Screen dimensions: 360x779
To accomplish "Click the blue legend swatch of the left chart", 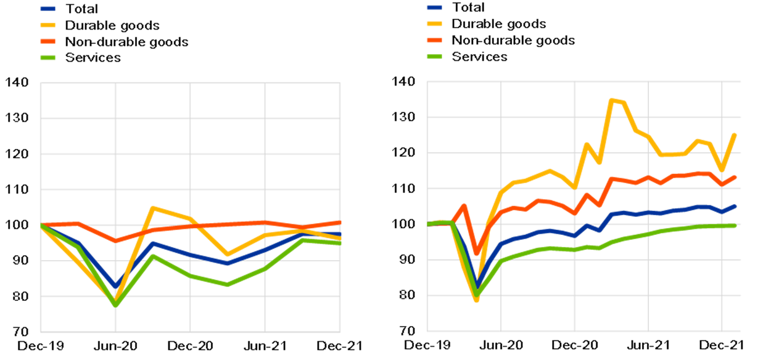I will pos(48,9).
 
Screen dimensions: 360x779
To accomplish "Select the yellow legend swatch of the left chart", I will pos(48,25).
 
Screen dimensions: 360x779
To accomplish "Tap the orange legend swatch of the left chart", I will pos(48,41).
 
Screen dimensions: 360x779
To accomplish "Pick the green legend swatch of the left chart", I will pos(48,58).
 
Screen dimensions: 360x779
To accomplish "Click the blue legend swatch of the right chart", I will pos(434,8).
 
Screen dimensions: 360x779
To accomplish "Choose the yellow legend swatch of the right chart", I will pos(434,24).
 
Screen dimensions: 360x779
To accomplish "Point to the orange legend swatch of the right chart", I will pos(434,40).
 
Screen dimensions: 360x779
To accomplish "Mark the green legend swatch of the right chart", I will pos(434,57).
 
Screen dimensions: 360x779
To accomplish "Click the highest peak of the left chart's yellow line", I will pos(153,208).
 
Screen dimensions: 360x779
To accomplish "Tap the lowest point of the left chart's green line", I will pos(115,305).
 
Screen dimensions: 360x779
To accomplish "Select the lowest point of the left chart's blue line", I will pos(116,286).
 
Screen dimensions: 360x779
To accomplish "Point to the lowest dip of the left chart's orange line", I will pos(115,241).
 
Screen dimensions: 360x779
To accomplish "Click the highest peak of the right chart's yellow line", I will pos(611,100).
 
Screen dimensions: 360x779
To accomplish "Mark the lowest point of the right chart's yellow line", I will pos(476,300).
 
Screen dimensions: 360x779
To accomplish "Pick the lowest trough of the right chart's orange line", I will pos(476,253).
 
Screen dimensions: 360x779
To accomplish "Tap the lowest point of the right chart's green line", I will pos(476,295).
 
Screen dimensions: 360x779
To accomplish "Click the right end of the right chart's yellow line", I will pos(735,134).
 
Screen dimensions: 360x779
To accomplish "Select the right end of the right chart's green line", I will pos(735,226).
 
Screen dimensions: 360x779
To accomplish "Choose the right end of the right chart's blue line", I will pos(735,206).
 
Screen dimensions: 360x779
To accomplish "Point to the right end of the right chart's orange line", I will pos(735,177).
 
